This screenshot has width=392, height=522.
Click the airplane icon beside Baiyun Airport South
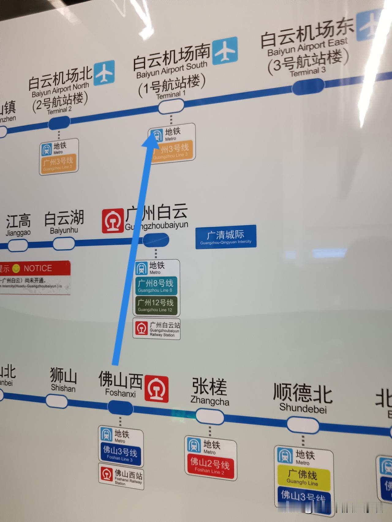(x=225, y=50)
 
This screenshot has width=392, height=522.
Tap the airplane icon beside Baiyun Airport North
(x=104, y=73)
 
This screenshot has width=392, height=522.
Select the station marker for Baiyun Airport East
(x=308, y=87)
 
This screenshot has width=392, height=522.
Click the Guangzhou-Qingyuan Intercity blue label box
(x=226, y=237)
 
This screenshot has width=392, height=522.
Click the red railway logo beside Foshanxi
(x=157, y=389)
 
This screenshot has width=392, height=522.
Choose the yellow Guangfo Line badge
(x=303, y=478)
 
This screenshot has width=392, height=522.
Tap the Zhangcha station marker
(x=210, y=417)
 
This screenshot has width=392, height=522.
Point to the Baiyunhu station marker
(x=64, y=244)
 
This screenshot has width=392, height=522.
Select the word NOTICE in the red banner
(x=38, y=268)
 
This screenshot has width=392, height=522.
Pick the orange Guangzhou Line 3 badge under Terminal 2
(x=58, y=163)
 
